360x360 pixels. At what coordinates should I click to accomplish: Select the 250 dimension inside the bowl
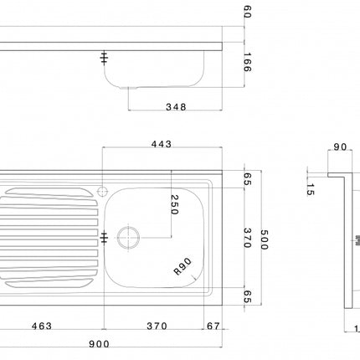(x=174, y=206)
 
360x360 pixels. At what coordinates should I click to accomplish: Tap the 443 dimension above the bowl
(x=162, y=145)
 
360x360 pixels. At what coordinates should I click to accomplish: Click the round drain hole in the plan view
(x=130, y=237)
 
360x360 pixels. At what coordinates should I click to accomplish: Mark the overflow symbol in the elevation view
(x=104, y=58)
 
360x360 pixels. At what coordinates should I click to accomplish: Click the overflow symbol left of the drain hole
(x=104, y=237)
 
